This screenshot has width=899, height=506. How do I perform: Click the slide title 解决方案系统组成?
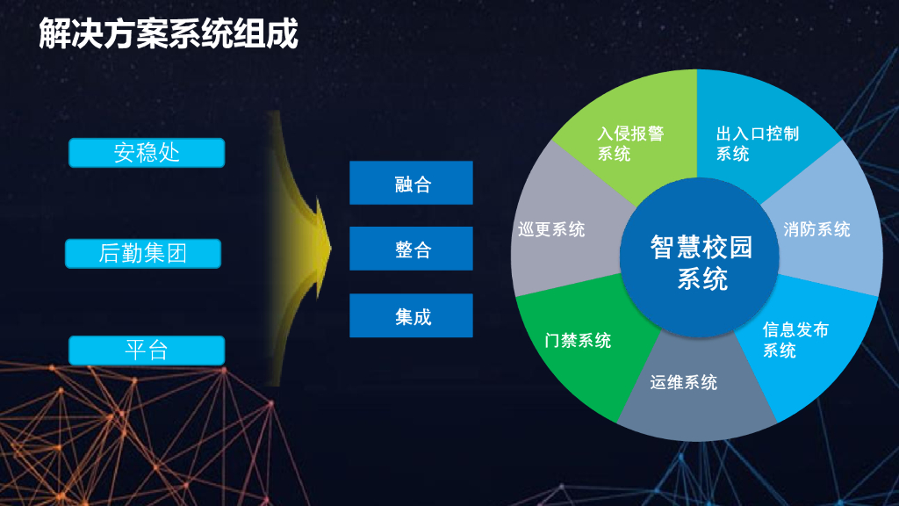pyautogui.click(x=169, y=34)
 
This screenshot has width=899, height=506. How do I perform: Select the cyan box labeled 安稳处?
pyautogui.click(x=147, y=153)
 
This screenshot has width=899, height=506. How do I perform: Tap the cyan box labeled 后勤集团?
pyautogui.click(x=143, y=254)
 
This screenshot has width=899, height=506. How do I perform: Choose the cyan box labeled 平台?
pyautogui.click(x=147, y=351)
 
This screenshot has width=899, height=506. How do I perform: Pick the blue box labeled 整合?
pyautogui.click(x=411, y=249)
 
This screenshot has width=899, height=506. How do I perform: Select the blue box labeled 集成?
pyautogui.click(x=411, y=315)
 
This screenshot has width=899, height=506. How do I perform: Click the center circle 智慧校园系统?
pyautogui.click(x=701, y=262)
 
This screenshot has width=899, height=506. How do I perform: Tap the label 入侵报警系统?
pyautogui.click(x=629, y=143)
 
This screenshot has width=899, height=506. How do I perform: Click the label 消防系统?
pyautogui.click(x=816, y=229)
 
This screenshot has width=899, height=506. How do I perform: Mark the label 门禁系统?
pyautogui.click(x=578, y=340)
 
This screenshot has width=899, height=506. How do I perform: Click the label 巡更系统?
pyautogui.click(x=551, y=229)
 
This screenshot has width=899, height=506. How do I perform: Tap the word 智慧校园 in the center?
pyautogui.click(x=701, y=247)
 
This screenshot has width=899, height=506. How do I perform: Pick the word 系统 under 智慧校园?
pyautogui.click(x=702, y=279)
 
